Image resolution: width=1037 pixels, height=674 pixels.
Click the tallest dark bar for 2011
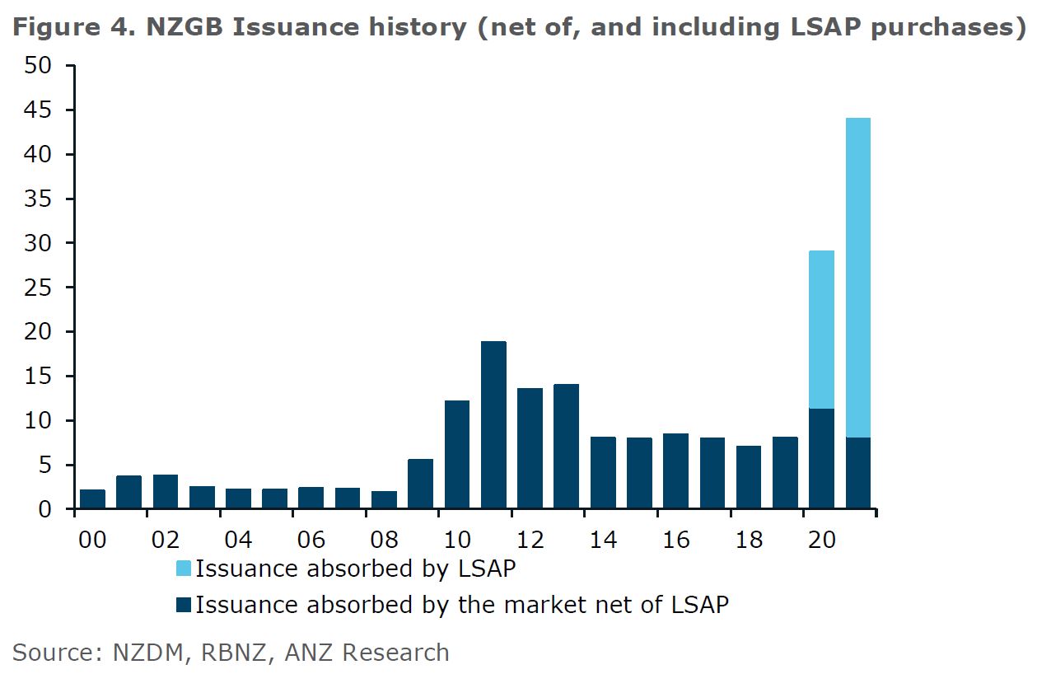coord(493,425)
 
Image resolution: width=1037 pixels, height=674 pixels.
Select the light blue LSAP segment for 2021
coord(858,278)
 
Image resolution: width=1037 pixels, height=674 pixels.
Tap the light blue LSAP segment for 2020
coord(821,330)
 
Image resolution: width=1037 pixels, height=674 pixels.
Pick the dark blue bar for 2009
coord(420,484)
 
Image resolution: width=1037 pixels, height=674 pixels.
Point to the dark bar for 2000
coord(92,499)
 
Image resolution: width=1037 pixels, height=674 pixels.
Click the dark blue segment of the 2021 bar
coord(858,473)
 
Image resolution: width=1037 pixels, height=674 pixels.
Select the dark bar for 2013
coord(566,447)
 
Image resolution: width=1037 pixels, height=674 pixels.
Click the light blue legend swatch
coord(183,569)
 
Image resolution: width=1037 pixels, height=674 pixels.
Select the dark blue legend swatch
coord(183,606)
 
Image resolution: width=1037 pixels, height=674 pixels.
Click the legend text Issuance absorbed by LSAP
coord(355,569)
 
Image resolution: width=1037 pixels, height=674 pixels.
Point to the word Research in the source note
coord(395,653)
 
